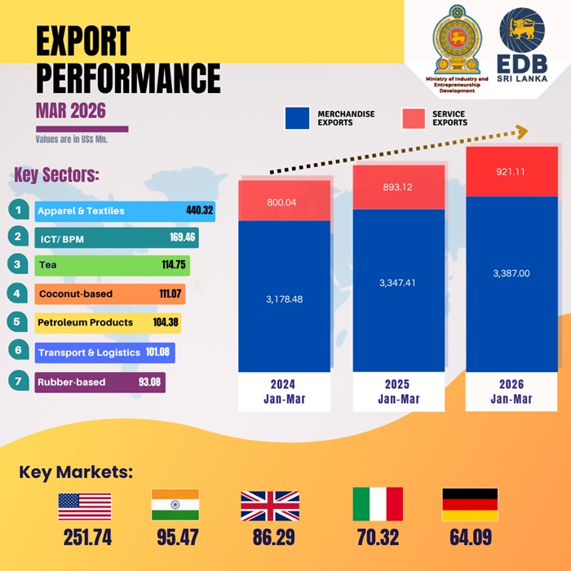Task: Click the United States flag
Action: click(84, 507)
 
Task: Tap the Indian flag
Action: click(175, 505)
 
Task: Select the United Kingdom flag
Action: click(270, 506)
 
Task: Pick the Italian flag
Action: click(377, 505)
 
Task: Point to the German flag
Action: click(469, 505)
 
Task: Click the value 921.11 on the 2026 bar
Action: click(511, 172)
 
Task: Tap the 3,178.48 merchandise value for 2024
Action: click(284, 299)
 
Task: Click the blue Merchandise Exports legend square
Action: click(297, 117)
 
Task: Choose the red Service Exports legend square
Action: click(414, 117)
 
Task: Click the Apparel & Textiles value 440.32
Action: click(199, 211)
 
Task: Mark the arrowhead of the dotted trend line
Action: click(520, 131)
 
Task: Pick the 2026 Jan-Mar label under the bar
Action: click(511, 392)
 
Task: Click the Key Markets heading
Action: click(76, 472)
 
